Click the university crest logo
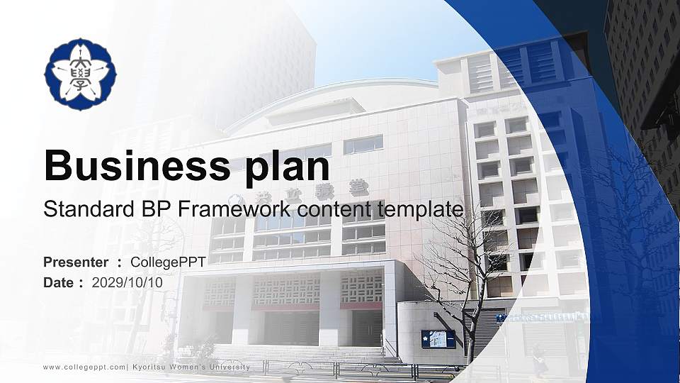point(80,74)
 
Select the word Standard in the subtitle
point(78,210)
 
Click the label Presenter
point(76,262)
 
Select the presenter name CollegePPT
point(168,262)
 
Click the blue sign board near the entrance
point(438,339)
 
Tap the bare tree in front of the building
point(460,277)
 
